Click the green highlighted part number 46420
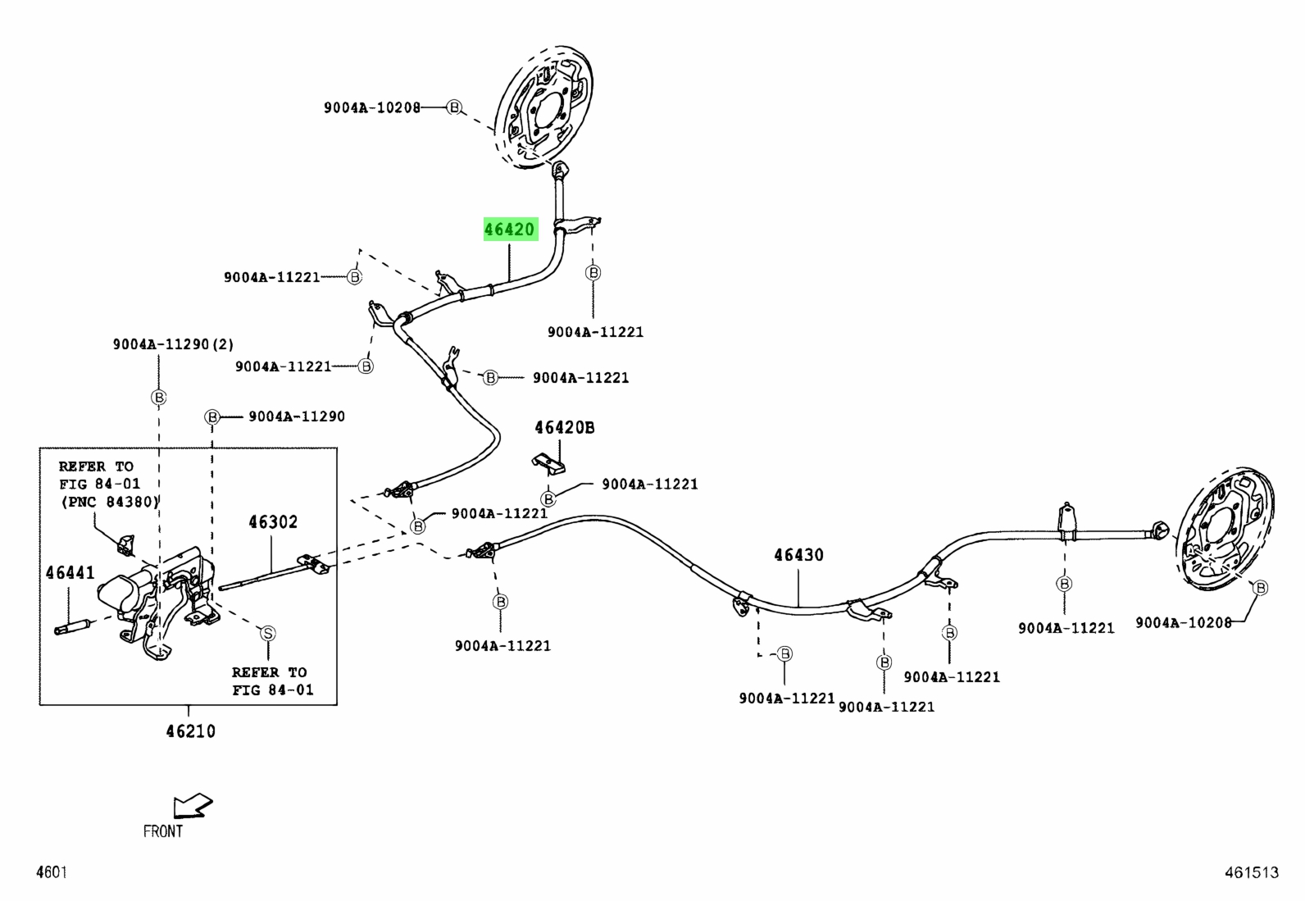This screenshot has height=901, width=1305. click(511, 229)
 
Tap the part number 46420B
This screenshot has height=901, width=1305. click(565, 428)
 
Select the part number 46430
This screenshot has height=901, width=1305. click(798, 555)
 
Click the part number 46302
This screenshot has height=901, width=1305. click(273, 521)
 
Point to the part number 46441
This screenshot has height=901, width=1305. click(70, 573)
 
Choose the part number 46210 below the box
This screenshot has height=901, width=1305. click(190, 731)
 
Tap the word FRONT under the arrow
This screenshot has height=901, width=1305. click(163, 831)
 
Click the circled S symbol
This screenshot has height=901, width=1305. click(267, 633)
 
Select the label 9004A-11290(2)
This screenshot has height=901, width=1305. click(173, 344)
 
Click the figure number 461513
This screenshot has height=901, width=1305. click(1252, 872)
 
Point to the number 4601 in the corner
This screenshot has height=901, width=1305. click(52, 872)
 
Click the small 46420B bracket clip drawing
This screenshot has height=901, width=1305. click(548, 464)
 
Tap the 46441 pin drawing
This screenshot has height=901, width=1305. click(71, 627)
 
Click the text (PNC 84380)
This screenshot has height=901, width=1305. click(110, 502)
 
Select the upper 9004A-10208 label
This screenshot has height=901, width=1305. click(372, 108)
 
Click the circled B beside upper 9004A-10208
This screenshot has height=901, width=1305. click(454, 107)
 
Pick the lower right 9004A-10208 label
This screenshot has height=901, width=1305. click(1184, 623)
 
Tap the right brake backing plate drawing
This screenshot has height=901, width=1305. click(1223, 529)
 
